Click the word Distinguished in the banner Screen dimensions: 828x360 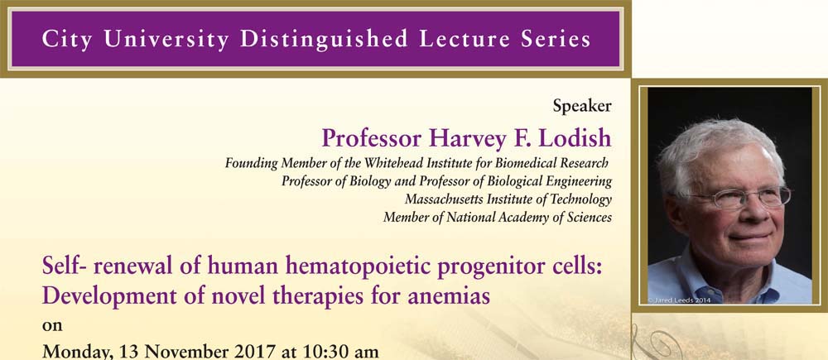(324, 40)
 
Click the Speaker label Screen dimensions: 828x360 (582, 107)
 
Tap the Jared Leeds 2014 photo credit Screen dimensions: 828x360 (679, 300)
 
